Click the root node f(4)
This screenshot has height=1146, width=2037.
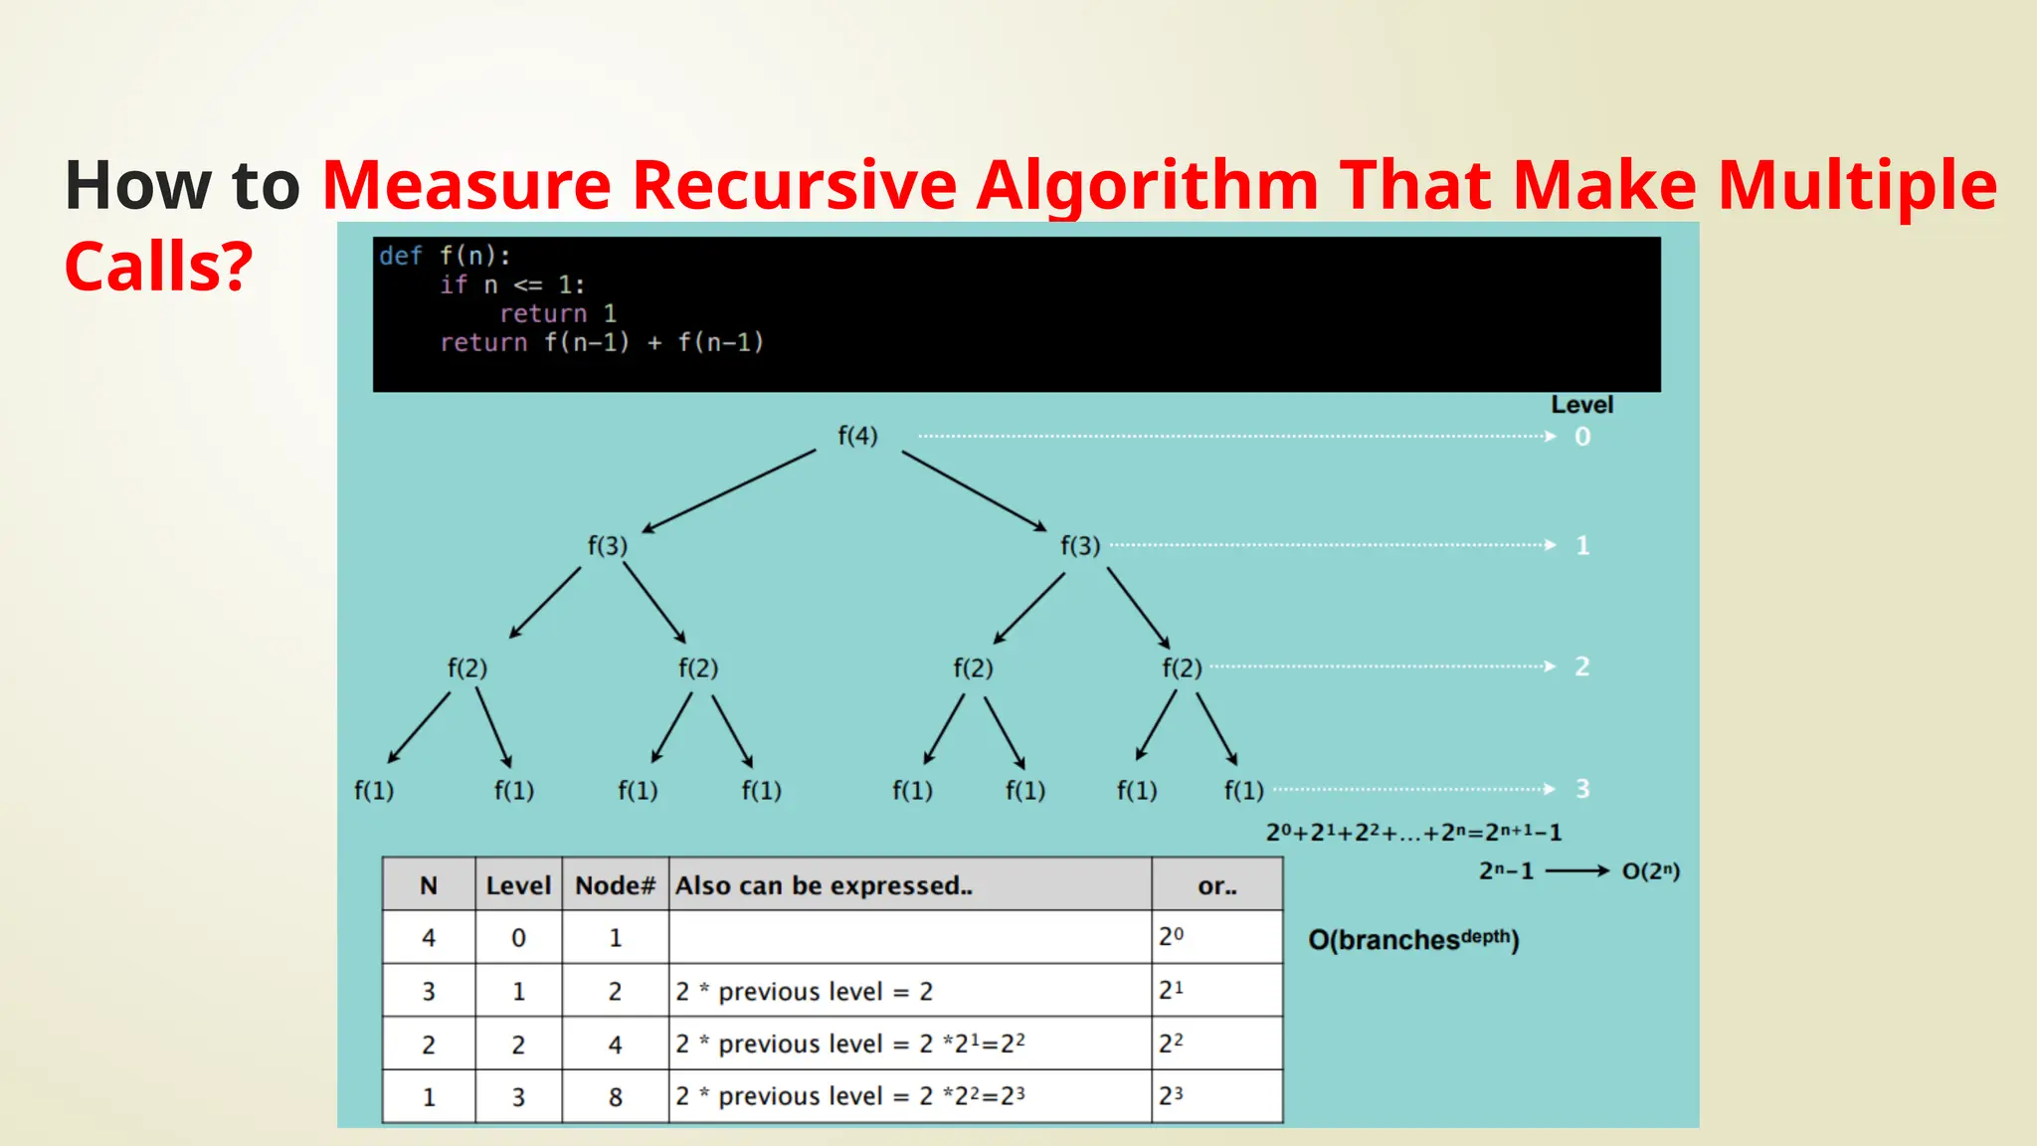point(857,436)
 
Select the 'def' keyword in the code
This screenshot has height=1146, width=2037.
point(400,256)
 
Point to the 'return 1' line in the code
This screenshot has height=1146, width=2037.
point(557,313)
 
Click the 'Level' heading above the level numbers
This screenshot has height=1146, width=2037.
point(1581,405)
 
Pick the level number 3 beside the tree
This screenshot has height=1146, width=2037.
point(1582,789)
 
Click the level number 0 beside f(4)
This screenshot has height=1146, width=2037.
point(1582,437)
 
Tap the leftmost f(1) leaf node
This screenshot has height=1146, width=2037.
point(374,791)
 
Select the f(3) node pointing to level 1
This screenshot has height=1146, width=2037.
point(1080,545)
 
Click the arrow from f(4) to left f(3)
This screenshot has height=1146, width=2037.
point(729,490)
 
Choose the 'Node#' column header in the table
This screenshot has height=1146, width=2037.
point(615,885)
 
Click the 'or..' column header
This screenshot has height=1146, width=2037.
point(1217,885)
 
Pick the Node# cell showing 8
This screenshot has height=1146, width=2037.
point(615,1097)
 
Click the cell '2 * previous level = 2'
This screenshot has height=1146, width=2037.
point(804,991)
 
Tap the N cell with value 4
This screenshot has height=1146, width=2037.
point(429,938)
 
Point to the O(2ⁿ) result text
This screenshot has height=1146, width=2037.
point(1650,871)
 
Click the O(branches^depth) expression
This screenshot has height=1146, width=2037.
point(1412,939)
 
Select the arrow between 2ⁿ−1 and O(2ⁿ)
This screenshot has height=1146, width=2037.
point(1577,871)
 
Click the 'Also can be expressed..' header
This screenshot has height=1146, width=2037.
point(824,885)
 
